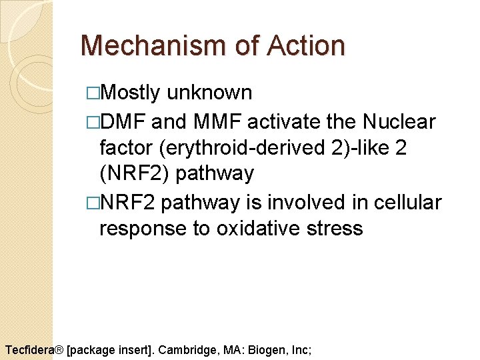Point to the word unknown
pos(209,92)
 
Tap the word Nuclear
pos(399,122)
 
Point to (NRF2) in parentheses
pos(135,173)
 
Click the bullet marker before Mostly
pos(92,93)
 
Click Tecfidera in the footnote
pos(29,349)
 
